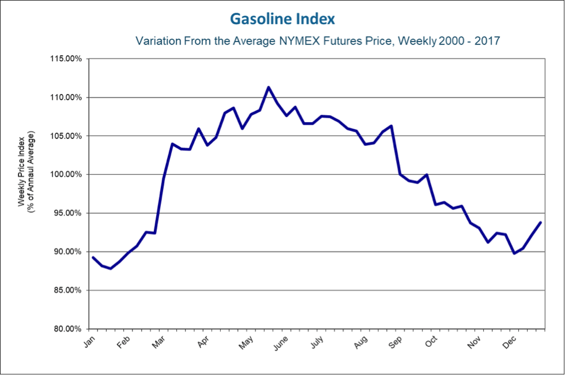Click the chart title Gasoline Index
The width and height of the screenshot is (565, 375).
coord(282,19)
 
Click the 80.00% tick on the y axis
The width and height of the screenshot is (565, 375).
coord(67,329)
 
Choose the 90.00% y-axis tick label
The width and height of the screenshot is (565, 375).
coord(67,252)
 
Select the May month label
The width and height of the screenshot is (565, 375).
coord(247,342)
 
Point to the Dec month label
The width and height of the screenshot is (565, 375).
coord(510,342)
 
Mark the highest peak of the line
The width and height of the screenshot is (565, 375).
coord(268,87)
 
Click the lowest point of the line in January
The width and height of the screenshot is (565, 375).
coord(111,268)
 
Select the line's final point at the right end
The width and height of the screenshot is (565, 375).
coord(540,222)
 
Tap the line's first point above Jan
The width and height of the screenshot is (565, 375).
coord(93,257)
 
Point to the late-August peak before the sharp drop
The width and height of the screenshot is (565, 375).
coord(391,126)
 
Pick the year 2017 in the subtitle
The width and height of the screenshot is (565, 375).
coord(487,42)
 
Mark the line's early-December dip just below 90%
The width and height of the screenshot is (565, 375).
coord(514,253)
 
